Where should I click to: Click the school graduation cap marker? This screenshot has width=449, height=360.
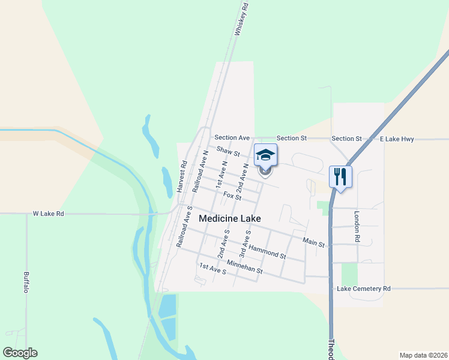[x=265, y=156]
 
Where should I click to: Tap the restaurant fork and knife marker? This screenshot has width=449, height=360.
[x=340, y=176]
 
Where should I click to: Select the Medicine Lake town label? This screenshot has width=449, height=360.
[x=230, y=219]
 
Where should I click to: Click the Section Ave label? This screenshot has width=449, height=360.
[x=232, y=138]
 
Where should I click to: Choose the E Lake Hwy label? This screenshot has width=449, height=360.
[x=397, y=139]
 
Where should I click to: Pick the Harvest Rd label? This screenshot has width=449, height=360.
[x=181, y=176]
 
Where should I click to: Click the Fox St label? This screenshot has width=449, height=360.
[x=232, y=196]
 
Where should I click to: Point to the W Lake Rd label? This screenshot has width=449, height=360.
[x=48, y=214]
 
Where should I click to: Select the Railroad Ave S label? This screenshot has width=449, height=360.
[x=183, y=227]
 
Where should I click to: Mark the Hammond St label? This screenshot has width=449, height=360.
[x=267, y=251]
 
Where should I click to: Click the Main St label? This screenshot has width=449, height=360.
[x=313, y=242]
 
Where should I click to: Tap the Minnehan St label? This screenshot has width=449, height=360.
[x=244, y=266]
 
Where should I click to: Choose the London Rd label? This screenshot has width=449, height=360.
[x=357, y=226]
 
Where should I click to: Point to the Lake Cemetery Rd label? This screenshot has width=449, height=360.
[x=364, y=289]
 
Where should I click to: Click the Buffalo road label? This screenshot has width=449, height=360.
[x=26, y=282]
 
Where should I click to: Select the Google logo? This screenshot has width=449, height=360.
[x=20, y=353]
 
